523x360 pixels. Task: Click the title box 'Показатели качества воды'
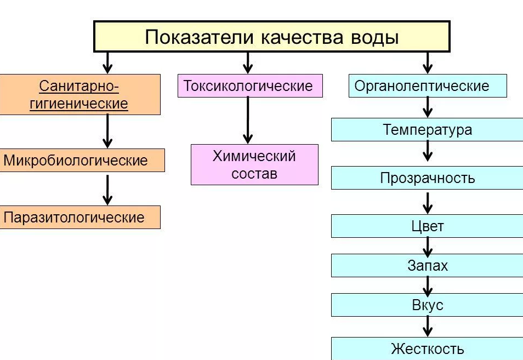tap(272, 37)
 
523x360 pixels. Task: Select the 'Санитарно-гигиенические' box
tap(80, 95)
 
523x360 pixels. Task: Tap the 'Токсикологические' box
tap(250, 86)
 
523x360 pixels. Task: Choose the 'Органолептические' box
tap(428, 86)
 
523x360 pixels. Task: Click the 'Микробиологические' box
tap(82, 161)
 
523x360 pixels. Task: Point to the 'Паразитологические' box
tap(80, 217)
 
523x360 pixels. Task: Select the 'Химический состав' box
tap(254, 164)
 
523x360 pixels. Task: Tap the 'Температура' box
tap(427, 130)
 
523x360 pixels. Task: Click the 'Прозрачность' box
tap(427, 178)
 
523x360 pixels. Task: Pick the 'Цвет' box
tap(427, 226)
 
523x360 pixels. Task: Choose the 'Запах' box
tap(427, 266)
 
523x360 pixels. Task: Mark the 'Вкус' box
tap(427, 305)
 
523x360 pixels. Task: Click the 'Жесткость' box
tap(427, 348)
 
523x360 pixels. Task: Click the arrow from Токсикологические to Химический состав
tap(248, 121)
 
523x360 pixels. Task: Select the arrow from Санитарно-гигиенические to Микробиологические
tap(107, 132)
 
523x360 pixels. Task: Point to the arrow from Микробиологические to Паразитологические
tap(107, 189)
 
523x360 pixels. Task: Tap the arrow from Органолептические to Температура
tap(428, 107)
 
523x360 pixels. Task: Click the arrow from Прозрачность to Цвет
tap(428, 202)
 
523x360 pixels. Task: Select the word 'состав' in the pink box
tap(254, 174)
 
